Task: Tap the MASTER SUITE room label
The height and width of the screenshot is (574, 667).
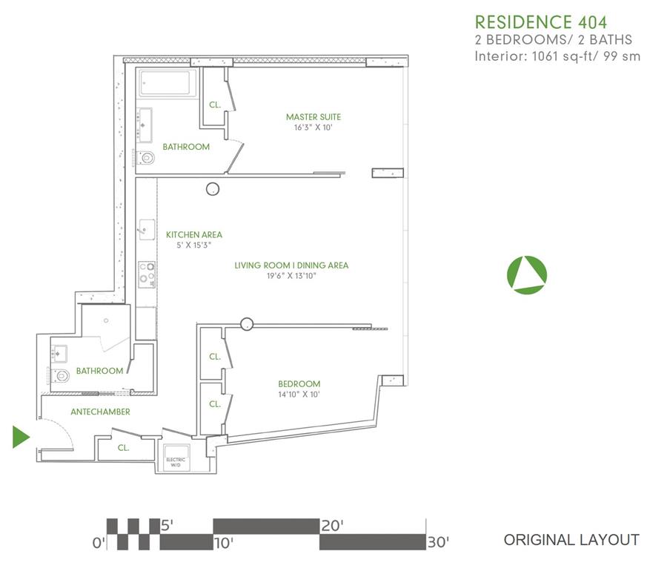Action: tap(313, 117)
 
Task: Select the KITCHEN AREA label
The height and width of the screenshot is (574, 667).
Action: tap(193, 235)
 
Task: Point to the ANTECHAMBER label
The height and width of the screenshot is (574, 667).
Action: tap(100, 412)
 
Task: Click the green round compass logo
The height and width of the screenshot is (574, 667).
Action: tap(526, 274)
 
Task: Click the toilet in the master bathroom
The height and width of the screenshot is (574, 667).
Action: tap(145, 157)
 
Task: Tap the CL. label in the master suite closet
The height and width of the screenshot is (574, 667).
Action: tap(215, 105)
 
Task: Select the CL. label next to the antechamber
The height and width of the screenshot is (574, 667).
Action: tap(123, 447)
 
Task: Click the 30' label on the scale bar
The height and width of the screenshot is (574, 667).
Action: tap(438, 542)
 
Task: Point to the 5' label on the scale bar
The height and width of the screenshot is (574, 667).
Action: tap(168, 526)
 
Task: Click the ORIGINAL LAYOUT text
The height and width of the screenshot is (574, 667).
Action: tap(571, 540)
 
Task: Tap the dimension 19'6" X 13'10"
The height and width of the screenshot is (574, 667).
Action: tap(291, 276)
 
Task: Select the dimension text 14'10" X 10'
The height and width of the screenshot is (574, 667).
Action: tap(299, 395)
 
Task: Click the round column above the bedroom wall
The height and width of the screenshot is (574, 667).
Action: tap(247, 323)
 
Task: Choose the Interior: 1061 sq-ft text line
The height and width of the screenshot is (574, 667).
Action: tap(557, 56)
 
